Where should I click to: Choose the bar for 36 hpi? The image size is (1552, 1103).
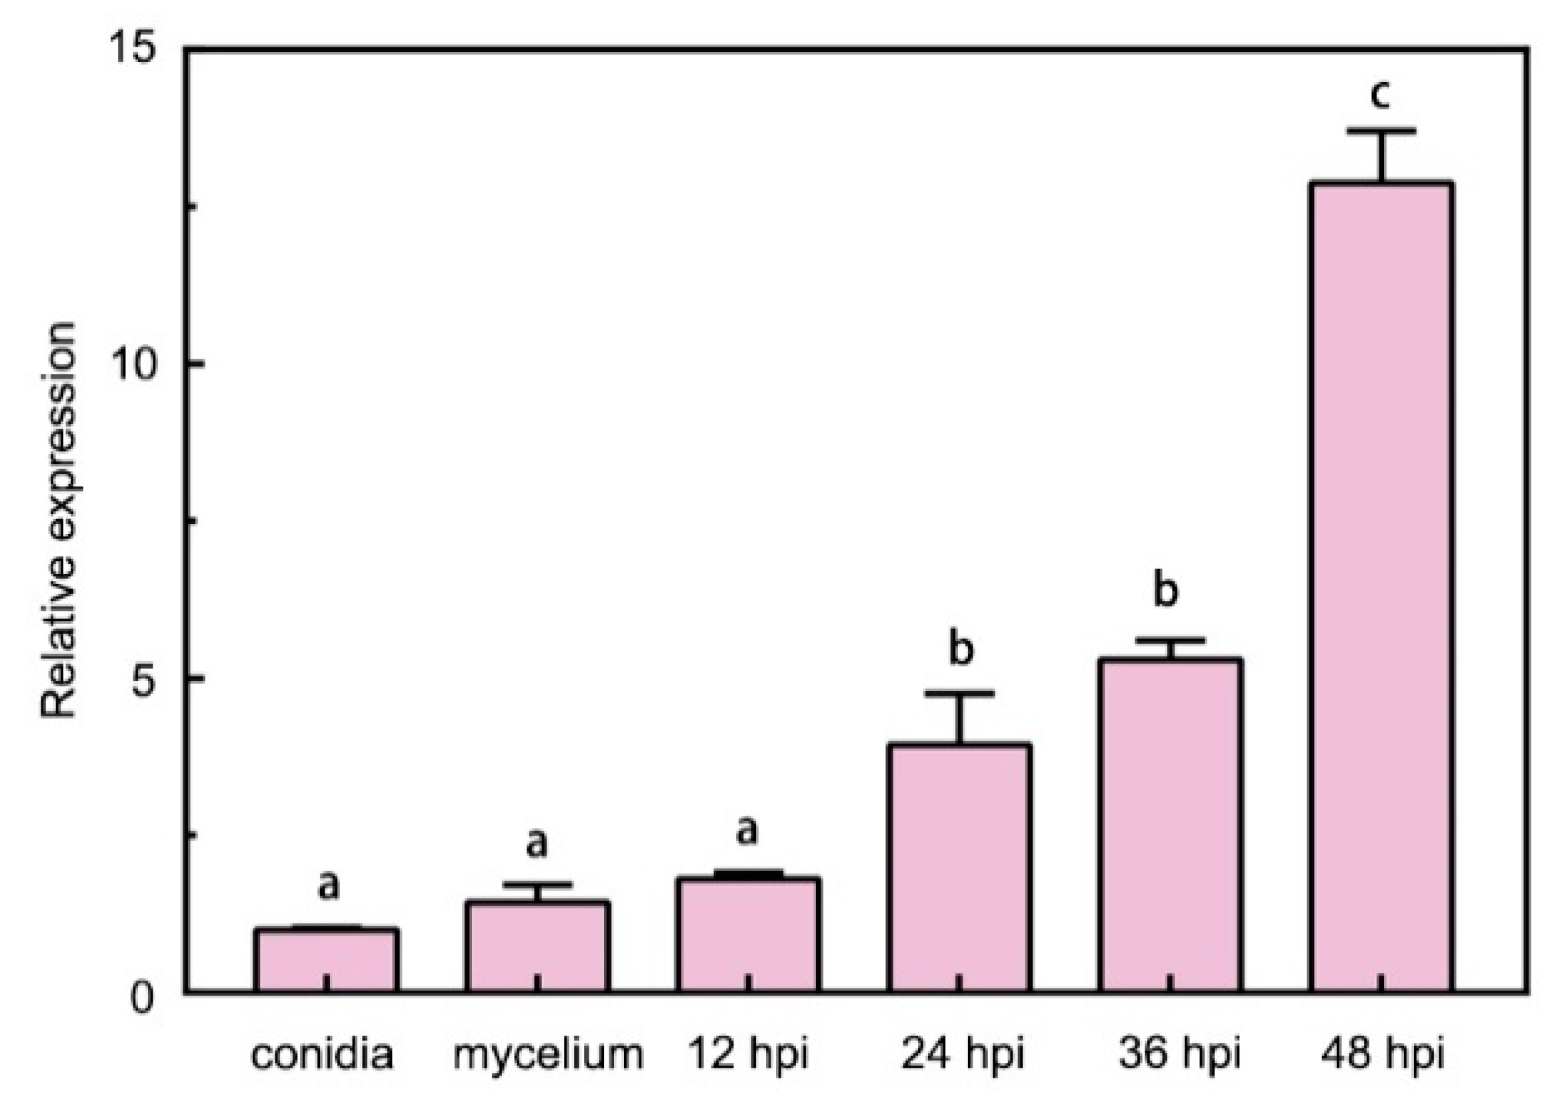(x=1169, y=824)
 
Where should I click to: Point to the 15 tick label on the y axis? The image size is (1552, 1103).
(x=132, y=51)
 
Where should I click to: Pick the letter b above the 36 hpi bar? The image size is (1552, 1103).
(x=1165, y=590)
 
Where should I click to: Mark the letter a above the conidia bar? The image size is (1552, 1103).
(x=328, y=886)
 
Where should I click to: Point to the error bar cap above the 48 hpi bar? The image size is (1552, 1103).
(x=1381, y=131)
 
